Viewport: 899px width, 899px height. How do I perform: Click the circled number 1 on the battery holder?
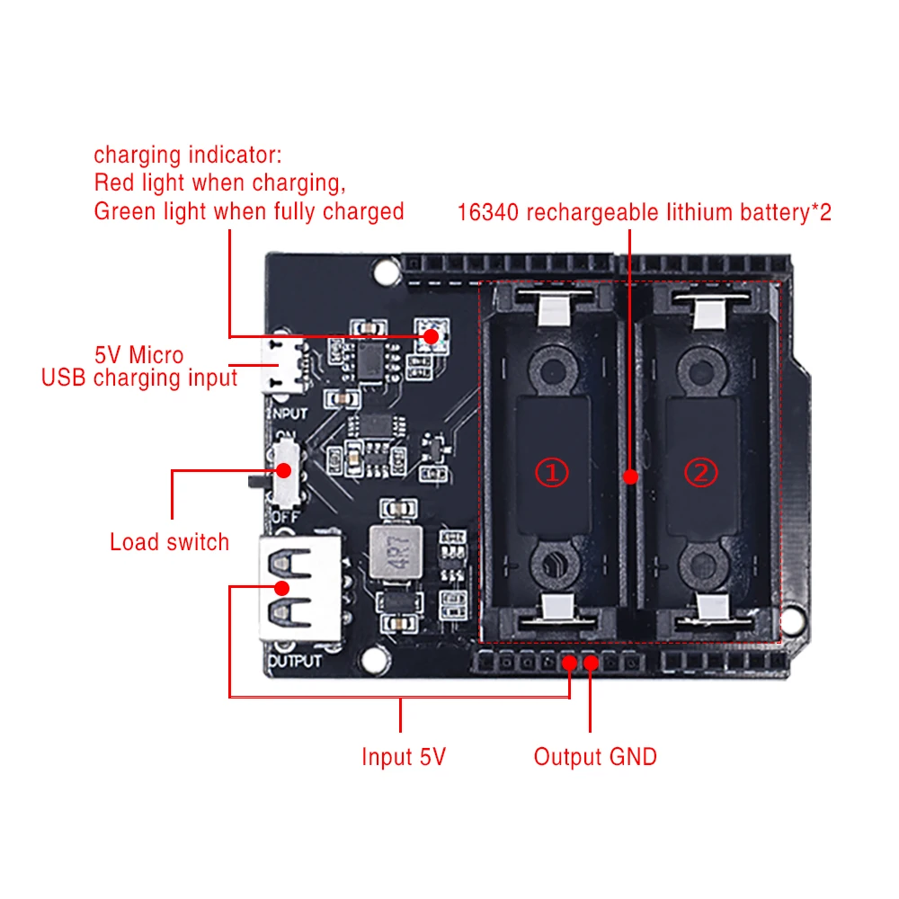[x=552, y=471]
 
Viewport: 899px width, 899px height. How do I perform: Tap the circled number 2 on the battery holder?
[x=702, y=471]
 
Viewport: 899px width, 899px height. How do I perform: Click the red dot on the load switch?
[x=286, y=470]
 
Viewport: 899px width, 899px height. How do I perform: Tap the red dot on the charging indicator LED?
[x=432, y=336]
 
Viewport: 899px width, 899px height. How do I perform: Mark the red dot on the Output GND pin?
[x=591, y=663]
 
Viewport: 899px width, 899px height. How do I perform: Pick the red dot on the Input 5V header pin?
[x=569, y=663]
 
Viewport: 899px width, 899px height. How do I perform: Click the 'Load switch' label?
[x=169, y=542]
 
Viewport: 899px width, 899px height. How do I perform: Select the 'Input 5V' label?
[x=403, y=757]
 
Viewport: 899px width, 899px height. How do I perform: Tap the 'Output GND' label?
[x=595, y=757]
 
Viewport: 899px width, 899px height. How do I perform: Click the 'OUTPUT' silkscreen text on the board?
[x=296, y=662]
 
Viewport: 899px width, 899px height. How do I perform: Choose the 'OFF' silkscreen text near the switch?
[x=283, y=518]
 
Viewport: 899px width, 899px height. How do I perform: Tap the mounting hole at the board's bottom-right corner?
[x=791, y=621]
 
